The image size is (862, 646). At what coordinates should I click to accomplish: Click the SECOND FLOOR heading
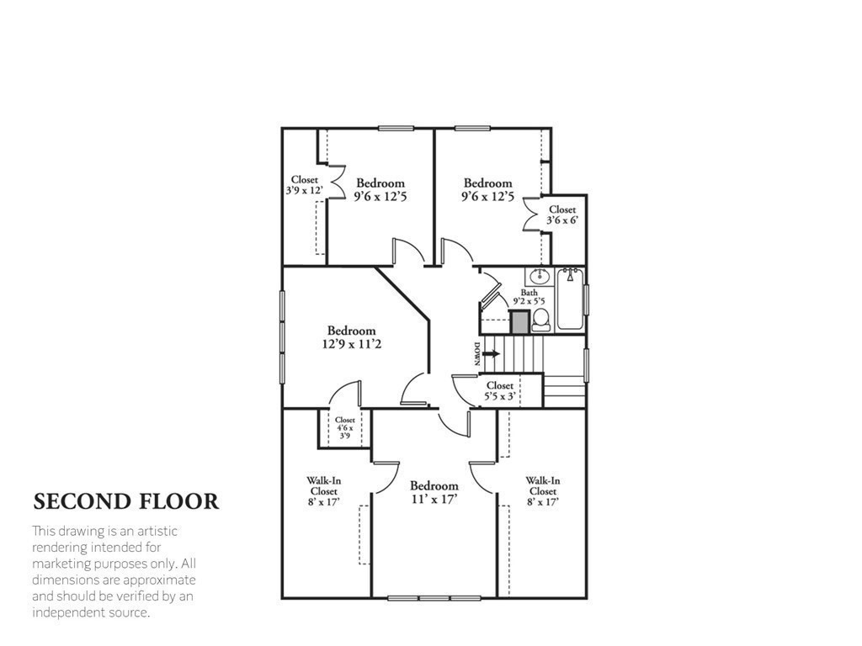tap(126, 501)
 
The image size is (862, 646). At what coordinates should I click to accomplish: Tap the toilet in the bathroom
tap(541, 320)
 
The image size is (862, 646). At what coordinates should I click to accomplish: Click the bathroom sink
tap(540, 276)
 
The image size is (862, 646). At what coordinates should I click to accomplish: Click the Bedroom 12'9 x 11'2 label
tap(352, 337)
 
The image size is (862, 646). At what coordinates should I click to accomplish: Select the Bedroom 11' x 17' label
tap(434, 492)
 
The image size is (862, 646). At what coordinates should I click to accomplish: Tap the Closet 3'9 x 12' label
tap(304, 185)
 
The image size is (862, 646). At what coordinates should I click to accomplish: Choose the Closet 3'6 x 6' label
tap(562, 214)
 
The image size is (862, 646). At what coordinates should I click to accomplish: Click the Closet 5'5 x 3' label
tap(499, 391)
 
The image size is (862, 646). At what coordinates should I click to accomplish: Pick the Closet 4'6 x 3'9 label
tap(345, 428)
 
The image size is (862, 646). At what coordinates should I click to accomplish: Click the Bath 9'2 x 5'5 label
tap(529, 296)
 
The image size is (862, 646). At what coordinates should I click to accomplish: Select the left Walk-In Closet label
tap(324, 492)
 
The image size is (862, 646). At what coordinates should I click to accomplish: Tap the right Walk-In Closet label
tap(543, 492)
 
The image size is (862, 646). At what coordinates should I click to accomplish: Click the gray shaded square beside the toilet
tap(519, 321)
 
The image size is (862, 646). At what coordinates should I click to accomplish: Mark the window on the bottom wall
tap(434, 598)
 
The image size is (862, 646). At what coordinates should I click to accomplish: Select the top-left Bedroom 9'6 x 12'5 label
tap(380, 189)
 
